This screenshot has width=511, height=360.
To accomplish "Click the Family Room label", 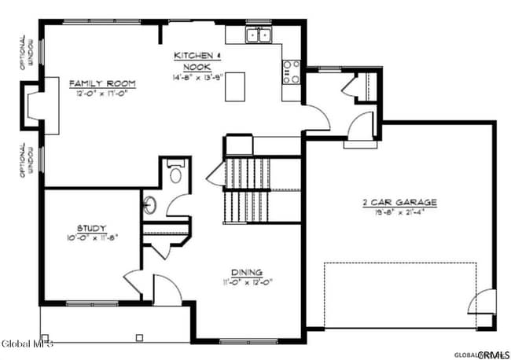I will (x=103, y=83).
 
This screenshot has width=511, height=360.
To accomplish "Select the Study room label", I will (x=92, y=228).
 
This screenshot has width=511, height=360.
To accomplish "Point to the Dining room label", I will (x=247, y=272).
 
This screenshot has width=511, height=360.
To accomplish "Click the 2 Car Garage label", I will (x=399, y=202).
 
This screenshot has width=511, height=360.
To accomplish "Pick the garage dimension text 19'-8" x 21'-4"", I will (x=399, y=212).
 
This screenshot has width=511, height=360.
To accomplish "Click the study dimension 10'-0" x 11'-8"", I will (x=92, y=237).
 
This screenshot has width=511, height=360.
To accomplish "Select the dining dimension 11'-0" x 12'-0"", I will (x=247, y=282).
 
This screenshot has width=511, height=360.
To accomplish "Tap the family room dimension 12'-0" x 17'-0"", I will (x=103, y=94).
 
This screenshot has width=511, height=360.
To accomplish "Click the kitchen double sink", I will (x=258, y=35).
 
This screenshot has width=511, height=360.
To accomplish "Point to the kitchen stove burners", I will (x=292, y=72).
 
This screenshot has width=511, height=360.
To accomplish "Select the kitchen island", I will (x=233, y=87).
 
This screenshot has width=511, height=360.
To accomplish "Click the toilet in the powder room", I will (x=175, y=172).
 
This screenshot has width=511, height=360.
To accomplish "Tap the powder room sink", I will (x=150, y=206).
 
